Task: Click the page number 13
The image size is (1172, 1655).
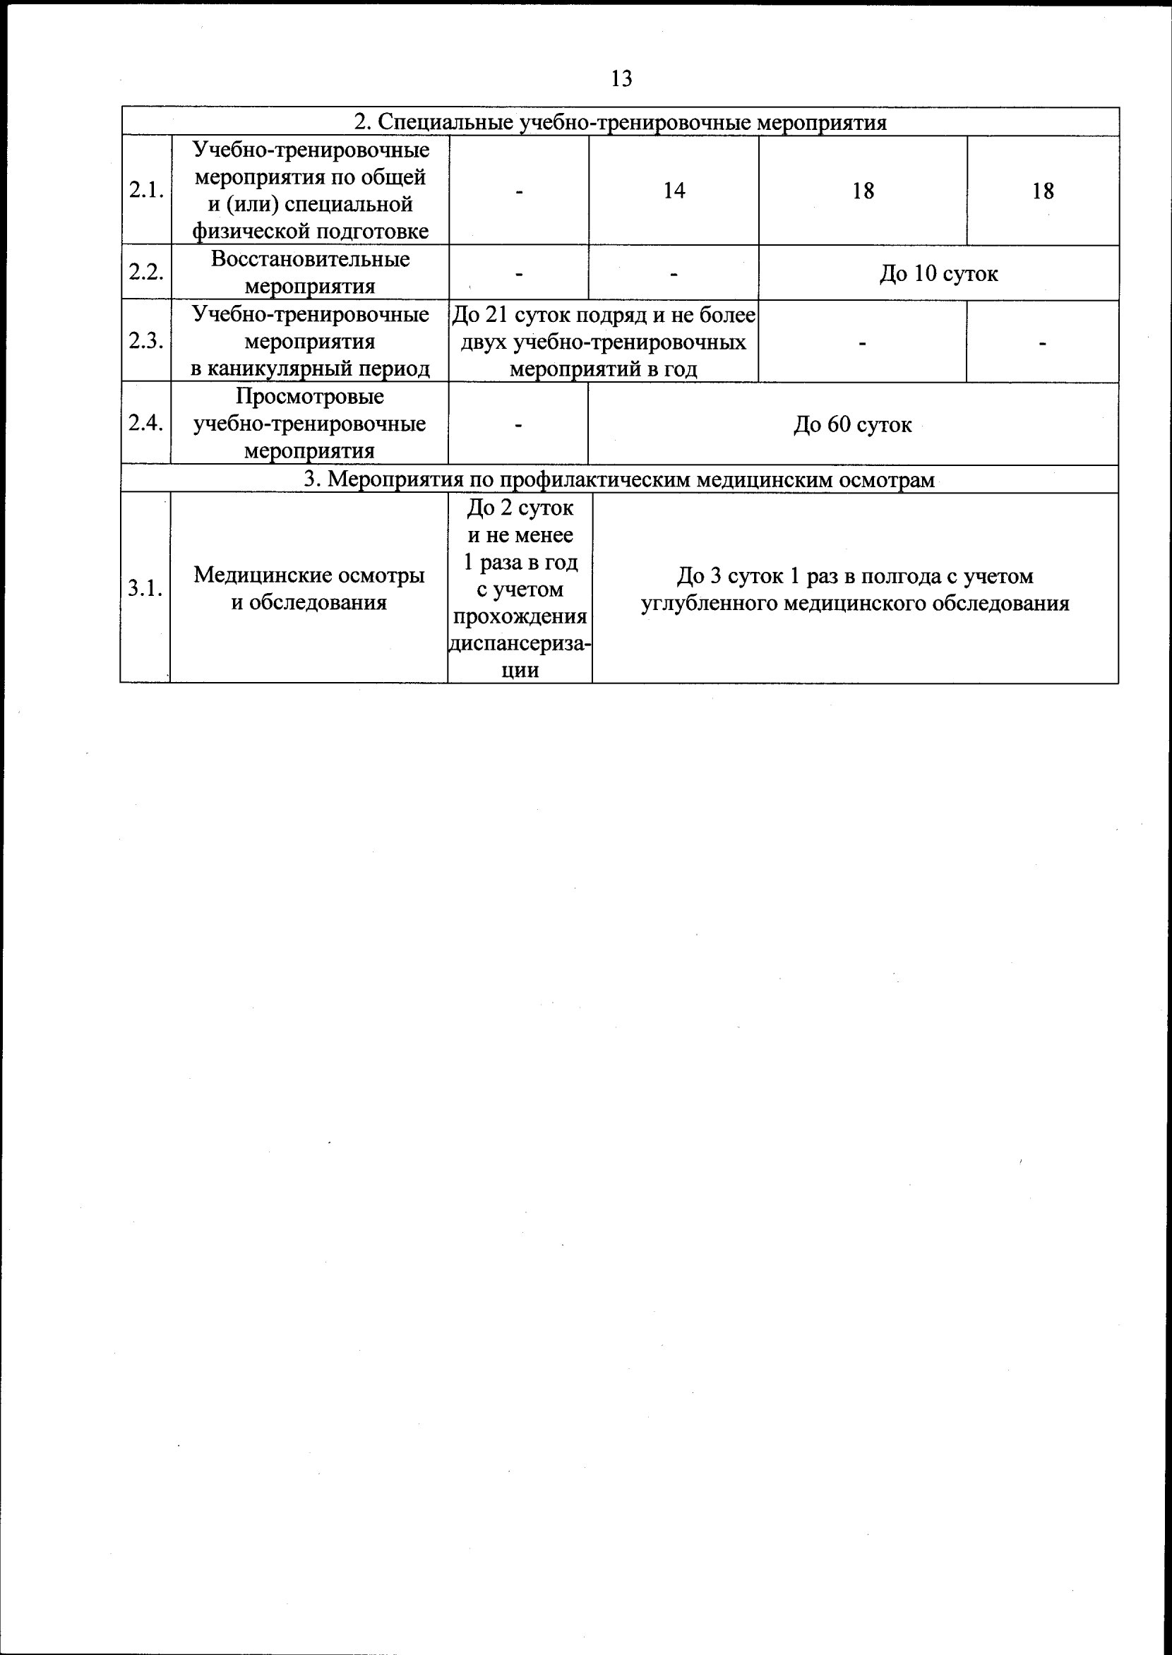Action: pos(621,78)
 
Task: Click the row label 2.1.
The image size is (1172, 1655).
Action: pos(145,191)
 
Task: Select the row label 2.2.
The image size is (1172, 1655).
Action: pos(145,273)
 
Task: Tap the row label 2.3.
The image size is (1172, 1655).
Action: pos(145,342)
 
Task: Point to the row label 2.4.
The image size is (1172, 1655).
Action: pos(145,424)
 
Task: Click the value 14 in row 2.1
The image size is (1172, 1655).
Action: pos(674,191)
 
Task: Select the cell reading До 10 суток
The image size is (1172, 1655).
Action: pos(938,273)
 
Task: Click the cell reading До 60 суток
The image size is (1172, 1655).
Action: pos(852,424)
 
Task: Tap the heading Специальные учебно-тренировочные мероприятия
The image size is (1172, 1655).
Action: pos(620,122)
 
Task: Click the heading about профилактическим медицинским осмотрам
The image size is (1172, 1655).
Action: pos(618,479)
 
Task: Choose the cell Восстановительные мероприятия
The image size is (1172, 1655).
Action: pos(310,273)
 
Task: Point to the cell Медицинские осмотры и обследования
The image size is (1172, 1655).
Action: pos(309,589)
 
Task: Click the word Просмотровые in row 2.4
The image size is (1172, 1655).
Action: pos(310,396)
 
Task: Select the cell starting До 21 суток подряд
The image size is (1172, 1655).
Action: pos(603,342)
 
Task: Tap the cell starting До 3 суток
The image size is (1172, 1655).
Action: pos(854,589)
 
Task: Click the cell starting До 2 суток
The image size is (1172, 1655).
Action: pos(520,588)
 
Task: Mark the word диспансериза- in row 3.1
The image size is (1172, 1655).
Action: pos(520,644)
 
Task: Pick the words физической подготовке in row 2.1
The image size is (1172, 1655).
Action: pos(310,231)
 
